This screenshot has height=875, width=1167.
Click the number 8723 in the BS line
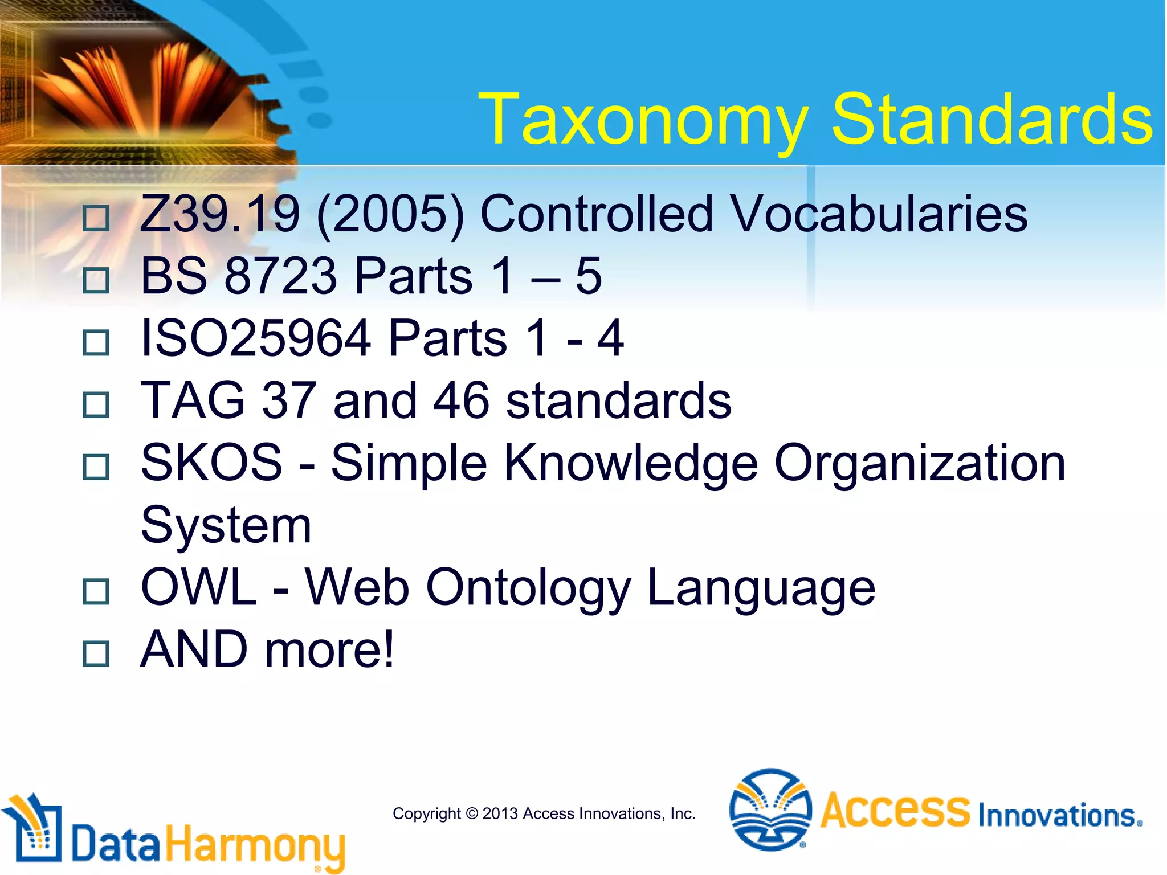pyautogui.click(x=281, y=276)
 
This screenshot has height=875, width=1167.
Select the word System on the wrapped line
pyautogui.click(x=226, y=525)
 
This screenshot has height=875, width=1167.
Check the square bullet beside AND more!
pyautogui.click(x=96, y=653)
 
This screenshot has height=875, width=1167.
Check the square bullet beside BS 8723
pyautogui.click(x=96, y=280)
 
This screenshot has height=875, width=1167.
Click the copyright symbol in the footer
pyautogui.click(x=472, y=813)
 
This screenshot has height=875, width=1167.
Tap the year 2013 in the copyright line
pyautogui.click(x=500, y=813)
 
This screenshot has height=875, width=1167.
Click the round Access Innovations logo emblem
pyautogui.click(x=770, y=809)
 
